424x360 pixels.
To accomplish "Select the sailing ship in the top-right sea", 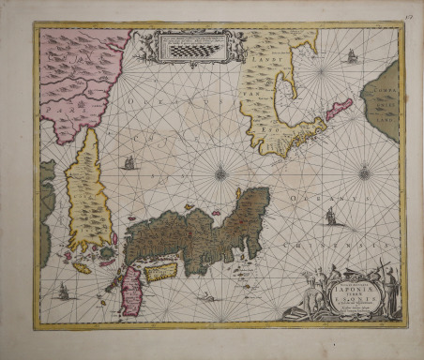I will pos(352,56).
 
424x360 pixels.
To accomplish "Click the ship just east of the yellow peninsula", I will pos(129,163).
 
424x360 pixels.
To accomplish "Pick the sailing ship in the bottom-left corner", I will pos(64,292).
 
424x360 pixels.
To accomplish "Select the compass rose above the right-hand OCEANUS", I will pos(364,172).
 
